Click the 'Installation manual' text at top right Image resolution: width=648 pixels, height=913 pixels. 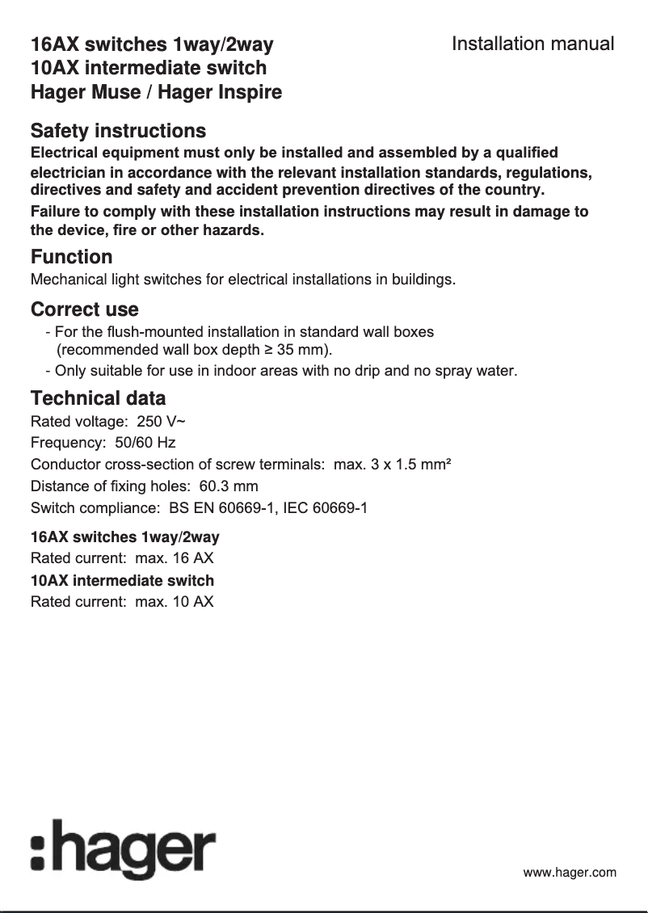coord(532,44)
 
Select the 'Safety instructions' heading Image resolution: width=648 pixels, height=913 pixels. coord(118,131)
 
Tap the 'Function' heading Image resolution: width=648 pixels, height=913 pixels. coord(71,257)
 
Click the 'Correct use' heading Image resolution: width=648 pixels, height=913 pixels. coord(84,309)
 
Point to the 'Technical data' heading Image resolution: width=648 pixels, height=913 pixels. coord(98,398)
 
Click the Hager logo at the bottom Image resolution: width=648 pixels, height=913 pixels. coord(123,849)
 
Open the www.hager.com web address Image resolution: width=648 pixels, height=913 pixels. coord(570,872)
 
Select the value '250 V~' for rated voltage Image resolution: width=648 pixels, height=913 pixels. coord(162,422)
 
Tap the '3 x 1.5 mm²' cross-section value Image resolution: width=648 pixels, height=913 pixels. coord(409,465)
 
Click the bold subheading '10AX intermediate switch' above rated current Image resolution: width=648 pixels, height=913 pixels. coord(122,581)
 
